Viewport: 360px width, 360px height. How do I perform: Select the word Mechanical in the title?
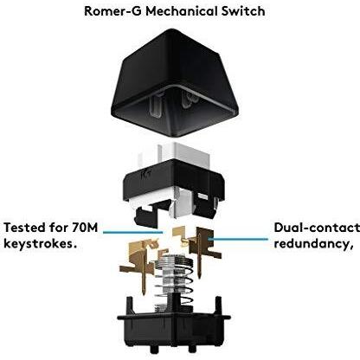tap(181, 12)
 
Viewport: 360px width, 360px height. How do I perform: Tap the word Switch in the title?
tap(242, 12)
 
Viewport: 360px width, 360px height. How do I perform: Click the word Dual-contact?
tap(316, 228)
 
